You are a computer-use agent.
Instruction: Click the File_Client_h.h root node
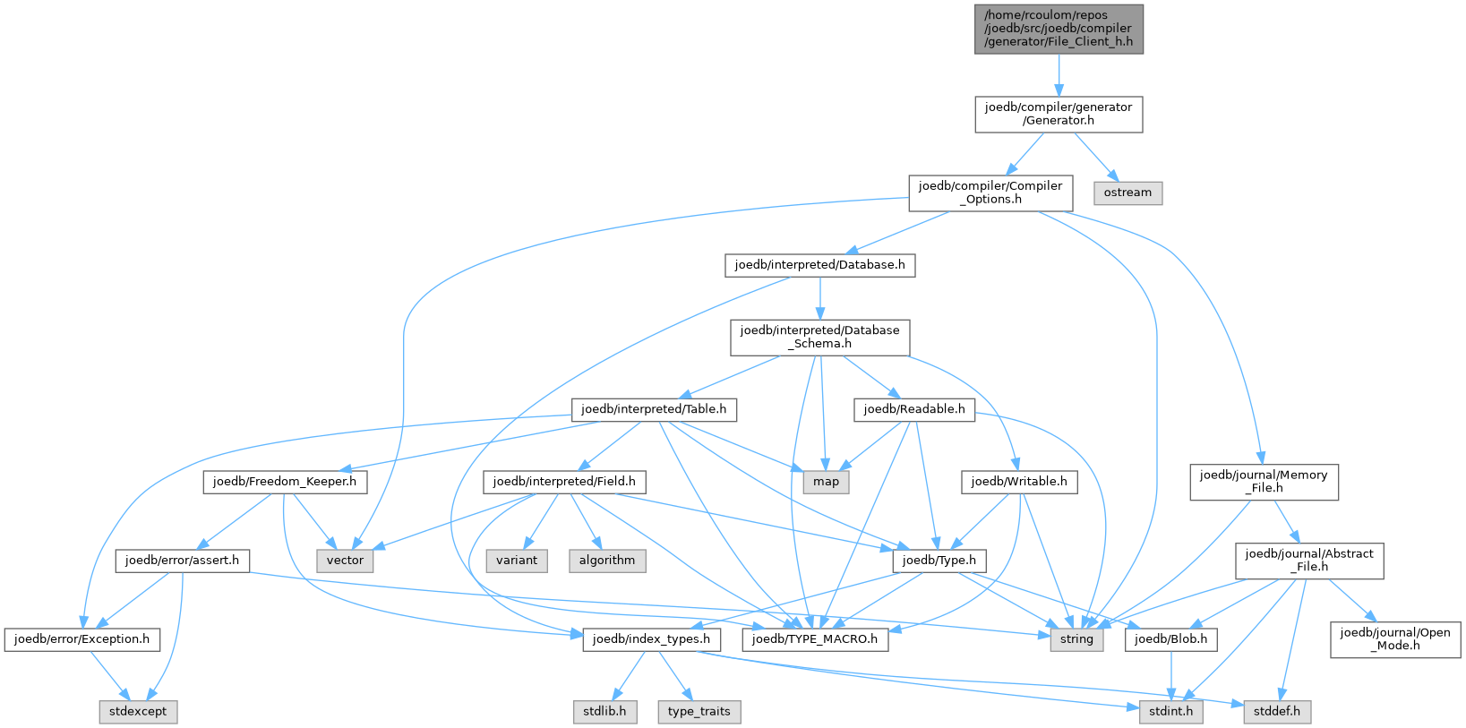point(1059,30)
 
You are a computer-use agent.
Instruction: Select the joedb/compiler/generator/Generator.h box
point(1059,115)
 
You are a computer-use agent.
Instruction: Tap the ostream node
point(1127,193)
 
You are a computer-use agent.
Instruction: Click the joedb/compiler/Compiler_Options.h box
point(990,193)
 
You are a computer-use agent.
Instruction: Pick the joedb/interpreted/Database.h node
point(819,265)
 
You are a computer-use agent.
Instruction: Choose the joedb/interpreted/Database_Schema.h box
point(819,338)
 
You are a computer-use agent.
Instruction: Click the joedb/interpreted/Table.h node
point(654,410)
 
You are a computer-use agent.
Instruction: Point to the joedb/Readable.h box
point(913,410)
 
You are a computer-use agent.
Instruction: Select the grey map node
point(826,482)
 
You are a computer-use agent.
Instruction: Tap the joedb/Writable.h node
point(1019,482)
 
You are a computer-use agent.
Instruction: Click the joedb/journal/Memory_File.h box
point(1264,482)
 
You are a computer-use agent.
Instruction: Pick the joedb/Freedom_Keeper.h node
point(285,482)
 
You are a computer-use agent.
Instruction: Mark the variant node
point(517,561)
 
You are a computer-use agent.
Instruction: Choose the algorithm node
point(606,561)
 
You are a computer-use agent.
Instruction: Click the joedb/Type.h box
point(939,561)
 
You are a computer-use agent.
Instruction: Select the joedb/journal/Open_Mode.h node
point(1394,639)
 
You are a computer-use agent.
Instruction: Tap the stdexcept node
point(138,712)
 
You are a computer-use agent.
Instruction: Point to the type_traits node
point(699,712)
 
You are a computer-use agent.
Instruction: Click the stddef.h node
point(1276,712)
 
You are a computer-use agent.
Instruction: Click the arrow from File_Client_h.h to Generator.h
point(1059,75)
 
